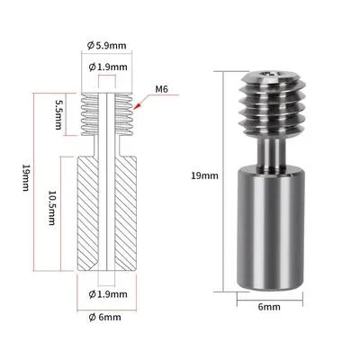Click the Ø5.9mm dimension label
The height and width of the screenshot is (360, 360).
107,46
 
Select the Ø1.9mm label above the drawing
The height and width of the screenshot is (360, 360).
108,67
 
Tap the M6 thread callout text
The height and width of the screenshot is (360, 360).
162,89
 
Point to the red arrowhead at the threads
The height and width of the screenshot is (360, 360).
139,105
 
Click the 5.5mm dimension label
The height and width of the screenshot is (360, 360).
58,114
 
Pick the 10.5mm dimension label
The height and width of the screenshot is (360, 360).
51,208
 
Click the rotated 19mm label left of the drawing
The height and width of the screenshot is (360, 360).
26,177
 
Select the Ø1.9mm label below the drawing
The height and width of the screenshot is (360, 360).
108,294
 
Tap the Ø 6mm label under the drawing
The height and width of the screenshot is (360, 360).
105,317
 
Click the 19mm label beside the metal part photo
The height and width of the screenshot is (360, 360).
205,175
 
